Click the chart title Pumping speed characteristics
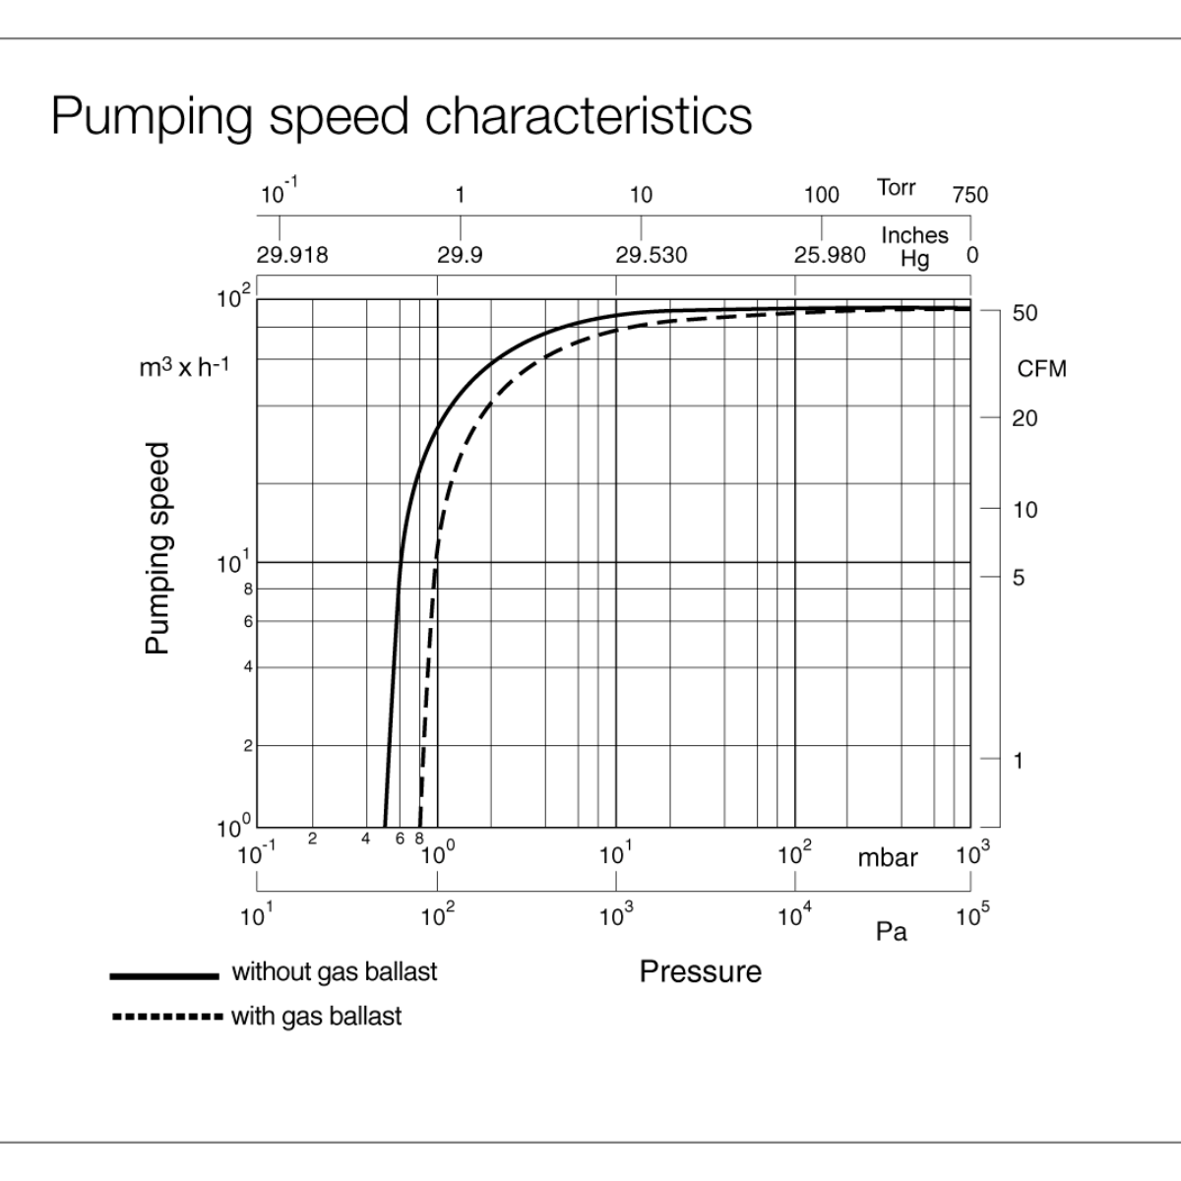[x=401, y=115]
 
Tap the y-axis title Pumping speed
[x=157, y=547]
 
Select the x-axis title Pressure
[x=700, y=972]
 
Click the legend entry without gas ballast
[x=334, y=972]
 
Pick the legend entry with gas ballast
[x=316, y=1016]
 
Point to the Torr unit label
[x=896, y=187]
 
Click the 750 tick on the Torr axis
[x=969, y=195]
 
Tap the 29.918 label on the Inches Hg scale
[x=292, y=256]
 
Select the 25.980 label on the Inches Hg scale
[x=830, y=256]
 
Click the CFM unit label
[x=1041, y=369]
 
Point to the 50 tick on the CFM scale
[x=1025, y=313]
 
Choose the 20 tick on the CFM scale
[x=1025, y=418]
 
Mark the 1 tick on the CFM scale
[x=1019, y=761]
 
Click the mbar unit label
[x=887, y=858]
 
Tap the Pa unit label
[x=891, y=931]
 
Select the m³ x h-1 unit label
[x=184, y=368]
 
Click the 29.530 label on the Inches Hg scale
[x=651, y=256]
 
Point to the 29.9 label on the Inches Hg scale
[x=460, y=256]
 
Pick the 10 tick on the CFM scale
[x=1025, y=510]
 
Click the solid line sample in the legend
[x=163, y=976]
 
